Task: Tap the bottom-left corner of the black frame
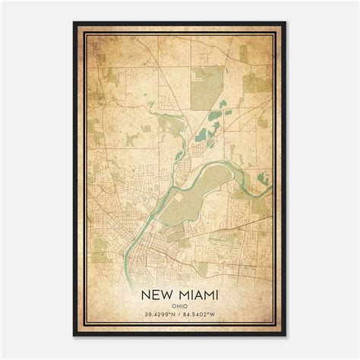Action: click(x=74, y=336)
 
